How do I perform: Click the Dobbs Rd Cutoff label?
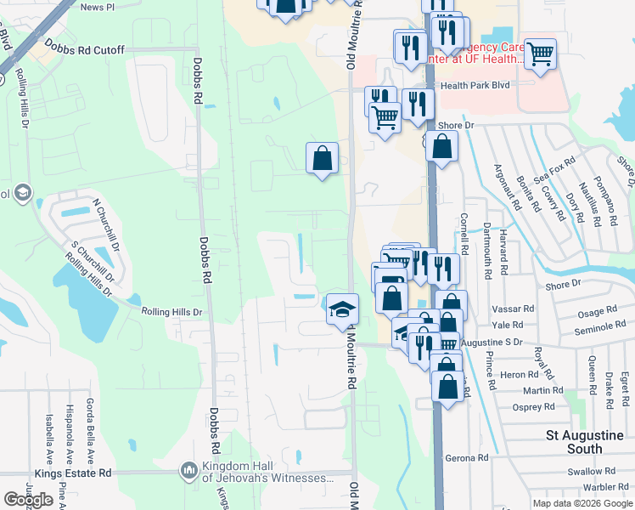(x=84, y=50)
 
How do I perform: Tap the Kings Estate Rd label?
(x=73, y=473)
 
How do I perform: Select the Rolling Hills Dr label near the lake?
(x=172, y=312)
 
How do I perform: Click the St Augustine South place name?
(x=586, y=441)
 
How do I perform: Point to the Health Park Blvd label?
(x=486, y=85)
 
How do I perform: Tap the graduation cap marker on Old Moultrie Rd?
(x=342, y=309)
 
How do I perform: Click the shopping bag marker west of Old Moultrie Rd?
(x=323, y=158)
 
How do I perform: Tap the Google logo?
(x=28, y=500)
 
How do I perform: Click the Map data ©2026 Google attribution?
(x=582, y=503)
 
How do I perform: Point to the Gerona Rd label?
(x=471, y=457)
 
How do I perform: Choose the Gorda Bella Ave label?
(x=91, y=423)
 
